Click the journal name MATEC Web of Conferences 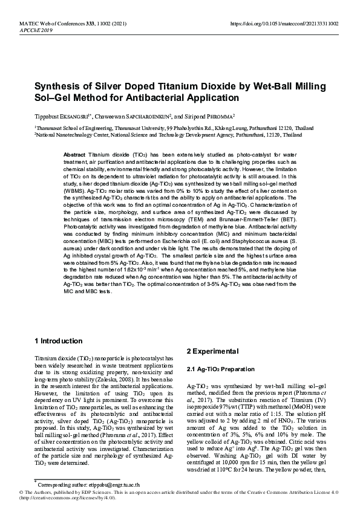click(45, 22)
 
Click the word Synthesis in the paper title click(57, 85)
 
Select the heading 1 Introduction click(59, 341)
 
